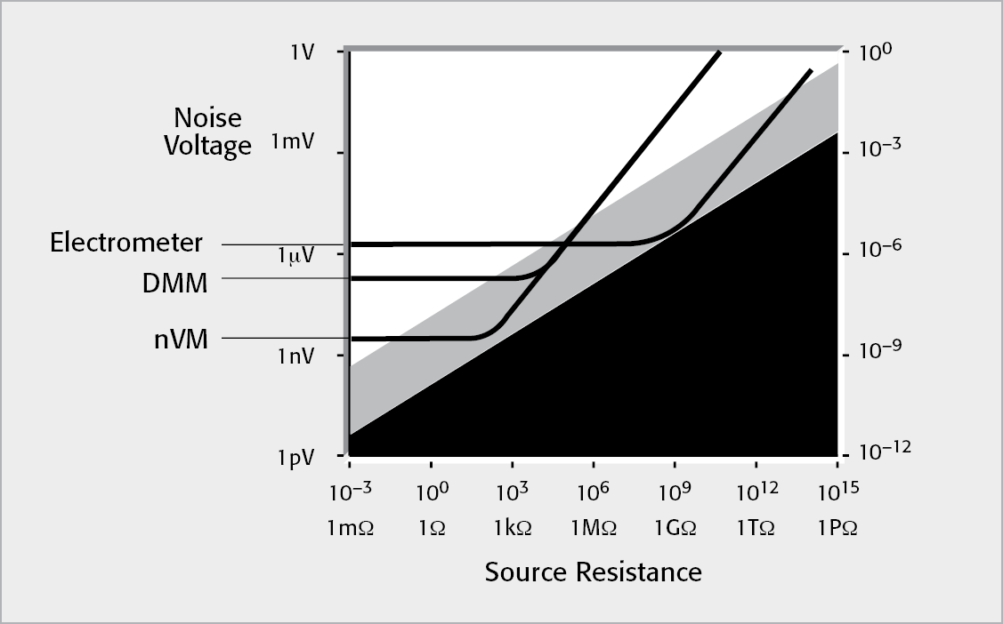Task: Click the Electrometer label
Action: (126, 242)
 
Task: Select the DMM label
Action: (174, 284)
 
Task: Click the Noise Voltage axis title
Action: (207, 132)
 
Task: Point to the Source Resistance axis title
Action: (593, 572)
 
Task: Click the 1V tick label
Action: (302, 52)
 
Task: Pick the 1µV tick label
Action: (295, 257)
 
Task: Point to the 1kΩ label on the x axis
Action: (513, 527)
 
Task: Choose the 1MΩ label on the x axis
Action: (594, 527)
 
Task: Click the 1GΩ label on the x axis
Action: (675, 527)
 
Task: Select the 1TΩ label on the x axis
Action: (756, 527)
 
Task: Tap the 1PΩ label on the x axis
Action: (837, 527)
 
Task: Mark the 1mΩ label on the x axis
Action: (350, 527)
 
